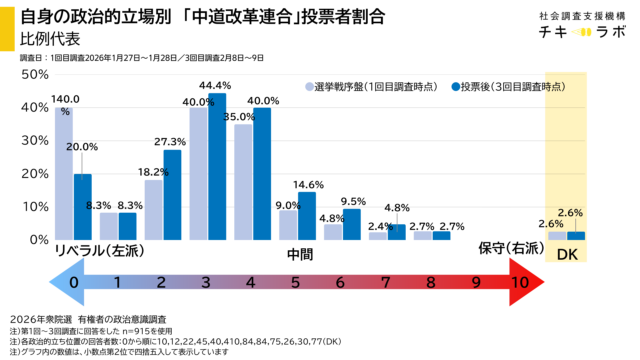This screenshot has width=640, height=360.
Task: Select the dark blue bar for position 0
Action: pyautogui.click(x=83, y=206)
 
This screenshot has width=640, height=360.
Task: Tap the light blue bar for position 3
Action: pyautogui.click(x=198, y=173)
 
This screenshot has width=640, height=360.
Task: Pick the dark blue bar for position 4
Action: pyautogui.click(x=262, y=173)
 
